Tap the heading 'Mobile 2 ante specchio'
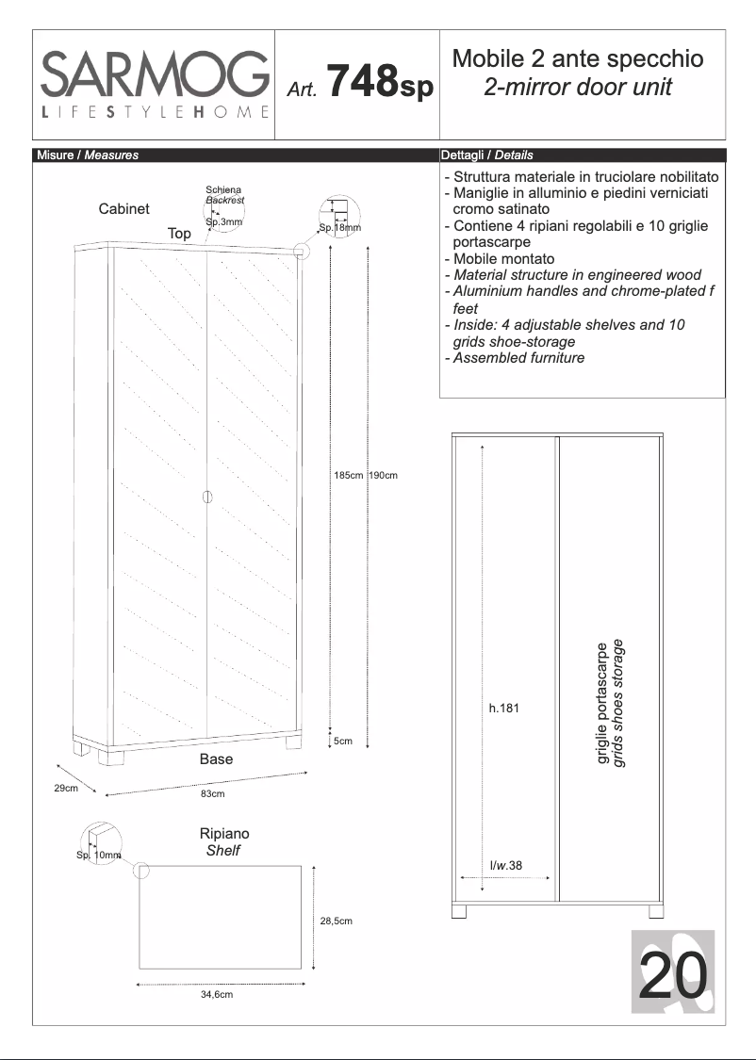pos(578,59)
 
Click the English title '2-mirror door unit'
pos(578,88)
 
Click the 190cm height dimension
pos(383,475)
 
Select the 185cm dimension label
pos(348,475)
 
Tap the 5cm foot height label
pos(343,742)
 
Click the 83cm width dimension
pos(213,794)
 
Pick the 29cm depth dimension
pos(65,788)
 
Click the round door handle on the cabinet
pos(206,497)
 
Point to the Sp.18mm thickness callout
pos(339,228)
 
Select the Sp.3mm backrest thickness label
pos(223,221)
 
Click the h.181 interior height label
pos(503,709)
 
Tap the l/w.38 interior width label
pos(505,865)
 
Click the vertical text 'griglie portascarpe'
pos(603,703)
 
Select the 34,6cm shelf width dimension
pos(216,994)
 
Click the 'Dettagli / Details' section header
pos(486,155)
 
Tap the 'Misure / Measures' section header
pos(87,155)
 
